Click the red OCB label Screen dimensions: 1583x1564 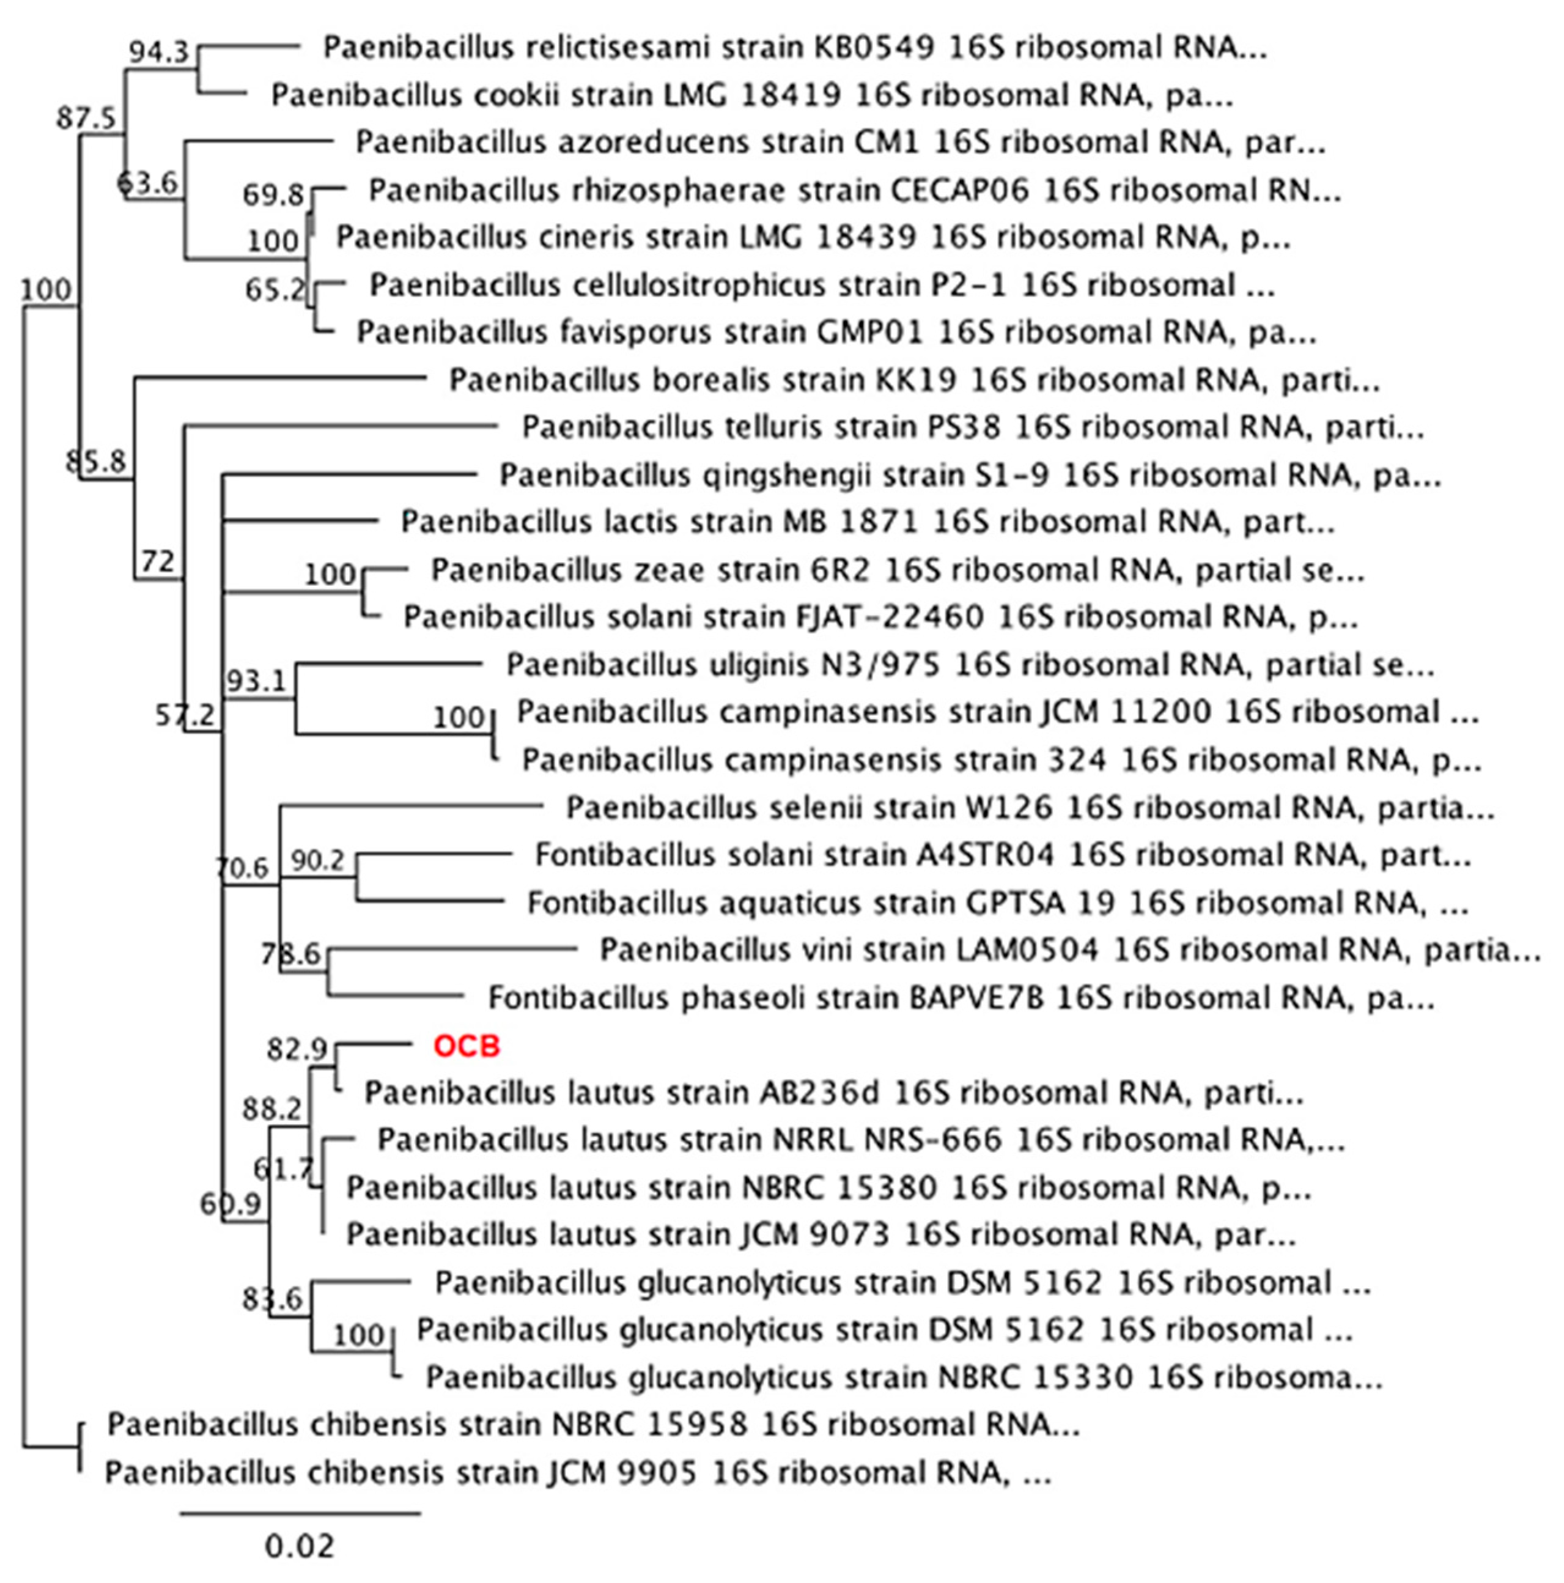[x=466, y=1046]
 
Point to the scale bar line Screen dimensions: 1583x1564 [x=300, y=1513]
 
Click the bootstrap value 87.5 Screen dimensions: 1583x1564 [x=86, y=118]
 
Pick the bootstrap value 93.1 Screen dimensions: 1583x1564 [x=256, y=680]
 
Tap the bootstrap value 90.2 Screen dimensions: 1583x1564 [x=318, y=860]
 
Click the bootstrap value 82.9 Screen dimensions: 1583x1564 [x=297, y=1049]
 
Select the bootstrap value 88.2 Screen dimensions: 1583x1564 [x=272, y=1109]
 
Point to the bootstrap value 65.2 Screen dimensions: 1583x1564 [x=275, y=289]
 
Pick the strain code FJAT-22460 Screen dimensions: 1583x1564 [x=890, y=617]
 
